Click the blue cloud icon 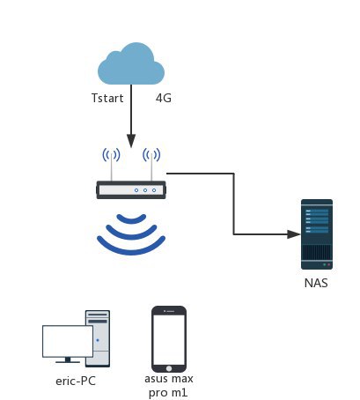click(131, 63)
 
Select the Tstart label click(107, 98)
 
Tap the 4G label click(164, 98)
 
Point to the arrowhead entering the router click(131, 141)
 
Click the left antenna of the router click(112, 167)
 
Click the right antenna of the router click(151, 167)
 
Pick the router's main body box click(131, 190)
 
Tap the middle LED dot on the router click(145, 190)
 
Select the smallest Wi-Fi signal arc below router click(131, 220)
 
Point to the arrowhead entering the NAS click(294, 234)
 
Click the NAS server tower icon click(317, 234)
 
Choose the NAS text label click(316, 283)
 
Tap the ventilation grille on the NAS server click(317, 252)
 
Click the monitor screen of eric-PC click(68, 341)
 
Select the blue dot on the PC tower click(98, 340)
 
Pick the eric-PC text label click(76, 381)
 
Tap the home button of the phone click(169, 368)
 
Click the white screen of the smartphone click(169, 340)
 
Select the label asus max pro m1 click(169, 386)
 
